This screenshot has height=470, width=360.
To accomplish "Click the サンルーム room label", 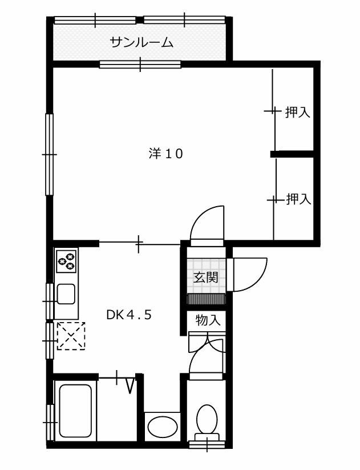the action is click(141, 42).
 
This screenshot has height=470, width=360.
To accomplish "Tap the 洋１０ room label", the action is click(165, 154).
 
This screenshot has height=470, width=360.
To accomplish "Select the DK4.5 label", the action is click(129, 315).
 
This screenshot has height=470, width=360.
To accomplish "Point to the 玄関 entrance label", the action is click(205, 278).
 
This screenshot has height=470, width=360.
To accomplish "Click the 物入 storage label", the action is click(208, 320).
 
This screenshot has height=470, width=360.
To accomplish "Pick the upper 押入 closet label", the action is click(297, 112).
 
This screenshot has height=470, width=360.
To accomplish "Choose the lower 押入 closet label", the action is click(298, 199).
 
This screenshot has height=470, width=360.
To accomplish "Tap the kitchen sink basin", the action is click(66, 294).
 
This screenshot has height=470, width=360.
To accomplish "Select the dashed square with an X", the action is click(71, 336).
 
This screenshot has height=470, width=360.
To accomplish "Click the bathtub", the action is click(75, 411).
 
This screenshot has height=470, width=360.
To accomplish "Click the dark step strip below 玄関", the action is click(206, 299).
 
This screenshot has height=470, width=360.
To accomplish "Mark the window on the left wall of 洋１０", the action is click(49, 154).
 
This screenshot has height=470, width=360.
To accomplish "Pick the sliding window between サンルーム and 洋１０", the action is click(140, 64).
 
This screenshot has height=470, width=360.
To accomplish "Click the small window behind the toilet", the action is click(207, 444).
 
